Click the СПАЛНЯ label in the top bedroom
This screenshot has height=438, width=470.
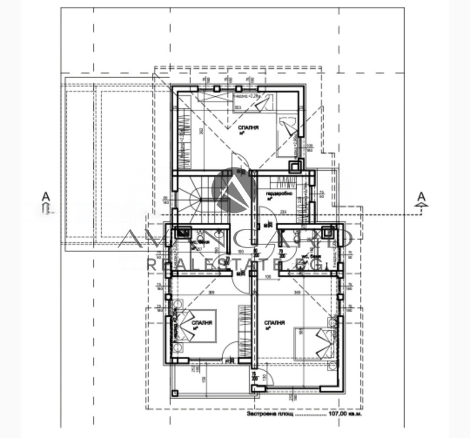tap(248, 127)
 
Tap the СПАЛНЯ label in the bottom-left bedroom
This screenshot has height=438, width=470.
tap(201, 323)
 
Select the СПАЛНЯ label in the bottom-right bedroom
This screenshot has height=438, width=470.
tap(274, 323)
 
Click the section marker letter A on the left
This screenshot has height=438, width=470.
tap(46, 197)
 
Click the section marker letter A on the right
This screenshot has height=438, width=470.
tap(421, 197)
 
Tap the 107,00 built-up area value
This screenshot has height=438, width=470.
tap(340, 414)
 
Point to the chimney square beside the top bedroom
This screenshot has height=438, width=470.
tap(295, 165)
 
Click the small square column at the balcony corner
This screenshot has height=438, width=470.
tap(175, 393)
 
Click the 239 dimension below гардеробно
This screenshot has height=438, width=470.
tap(283, 212)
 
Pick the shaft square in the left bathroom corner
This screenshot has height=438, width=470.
tap(180, 233)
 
